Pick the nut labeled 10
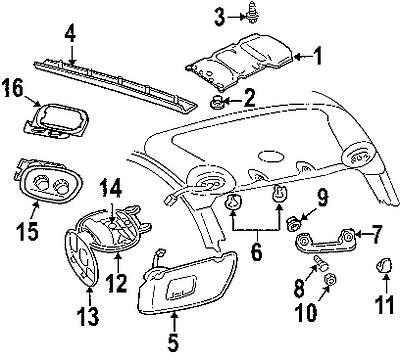(x=329, y=282)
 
